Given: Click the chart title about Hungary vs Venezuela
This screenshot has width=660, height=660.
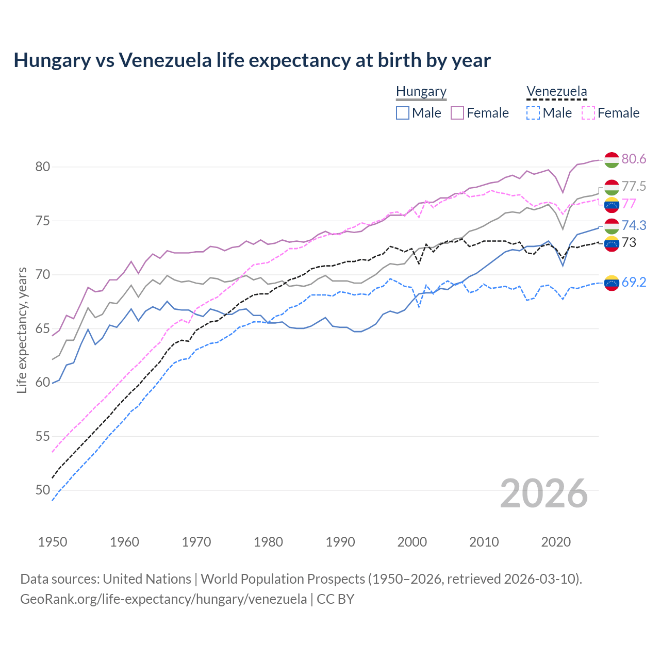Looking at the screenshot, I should click(x=252, y=60).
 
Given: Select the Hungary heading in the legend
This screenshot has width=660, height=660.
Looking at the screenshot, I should click(x=421, y=92).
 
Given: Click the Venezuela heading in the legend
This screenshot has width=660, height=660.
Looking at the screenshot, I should click(x=556, y=92).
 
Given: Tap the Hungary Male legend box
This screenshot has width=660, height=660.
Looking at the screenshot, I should click(x=403, y=113).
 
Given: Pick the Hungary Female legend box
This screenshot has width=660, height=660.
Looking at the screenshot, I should click(x=457, y=113).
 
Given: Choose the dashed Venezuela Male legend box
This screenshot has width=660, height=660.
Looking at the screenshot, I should click(x=533, y=113).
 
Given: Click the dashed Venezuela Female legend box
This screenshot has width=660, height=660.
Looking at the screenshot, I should click(x=588, y=113).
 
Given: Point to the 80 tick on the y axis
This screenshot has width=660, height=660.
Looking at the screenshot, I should click(x=42, y=167).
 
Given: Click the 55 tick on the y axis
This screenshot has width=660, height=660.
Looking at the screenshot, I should click(x=42, y=436).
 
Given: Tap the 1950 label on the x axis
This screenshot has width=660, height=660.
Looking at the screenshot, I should click(x=53, y=542).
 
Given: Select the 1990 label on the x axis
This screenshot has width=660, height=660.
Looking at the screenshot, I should click(x=340, y=542).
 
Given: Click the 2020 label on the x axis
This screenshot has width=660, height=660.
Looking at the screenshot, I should click(x=556, y=542).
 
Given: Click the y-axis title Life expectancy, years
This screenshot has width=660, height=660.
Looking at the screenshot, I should click(x=22, y=330).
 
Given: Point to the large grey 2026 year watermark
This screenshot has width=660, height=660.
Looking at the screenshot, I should click(x=543, y=493).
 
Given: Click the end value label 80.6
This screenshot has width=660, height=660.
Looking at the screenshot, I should click(x=634, y=159).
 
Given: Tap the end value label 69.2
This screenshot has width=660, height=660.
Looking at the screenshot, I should click(x=634, y=282).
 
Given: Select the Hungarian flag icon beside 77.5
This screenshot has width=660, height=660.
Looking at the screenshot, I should click(x=612, y=187).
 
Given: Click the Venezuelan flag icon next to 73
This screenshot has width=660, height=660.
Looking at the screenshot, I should click(x=612, y=243).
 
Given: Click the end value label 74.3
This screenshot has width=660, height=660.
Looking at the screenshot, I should click(x=634, y=225).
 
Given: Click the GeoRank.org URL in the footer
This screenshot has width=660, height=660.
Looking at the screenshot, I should click(x=163, y=599).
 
